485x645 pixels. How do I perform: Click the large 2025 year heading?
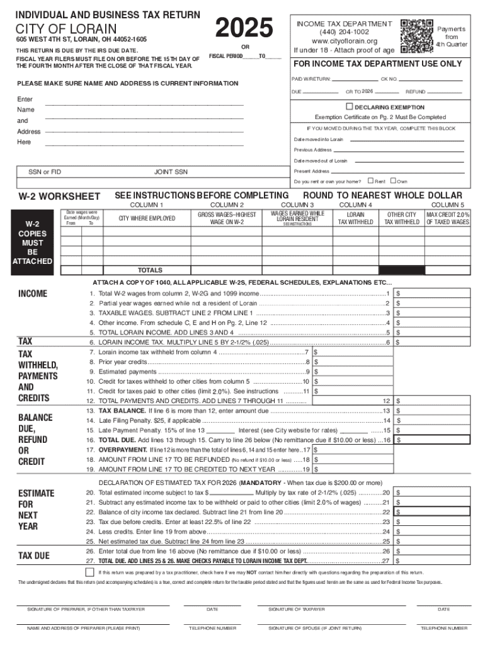244,28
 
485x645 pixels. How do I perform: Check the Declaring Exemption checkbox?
350,106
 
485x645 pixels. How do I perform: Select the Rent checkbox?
370,181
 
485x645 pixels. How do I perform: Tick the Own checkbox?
393,181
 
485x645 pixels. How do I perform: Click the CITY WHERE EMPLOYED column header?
147,219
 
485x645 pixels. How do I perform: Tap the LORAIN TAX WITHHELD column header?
356,219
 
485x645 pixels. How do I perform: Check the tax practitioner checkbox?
90,572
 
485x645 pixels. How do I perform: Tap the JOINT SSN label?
171,171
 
